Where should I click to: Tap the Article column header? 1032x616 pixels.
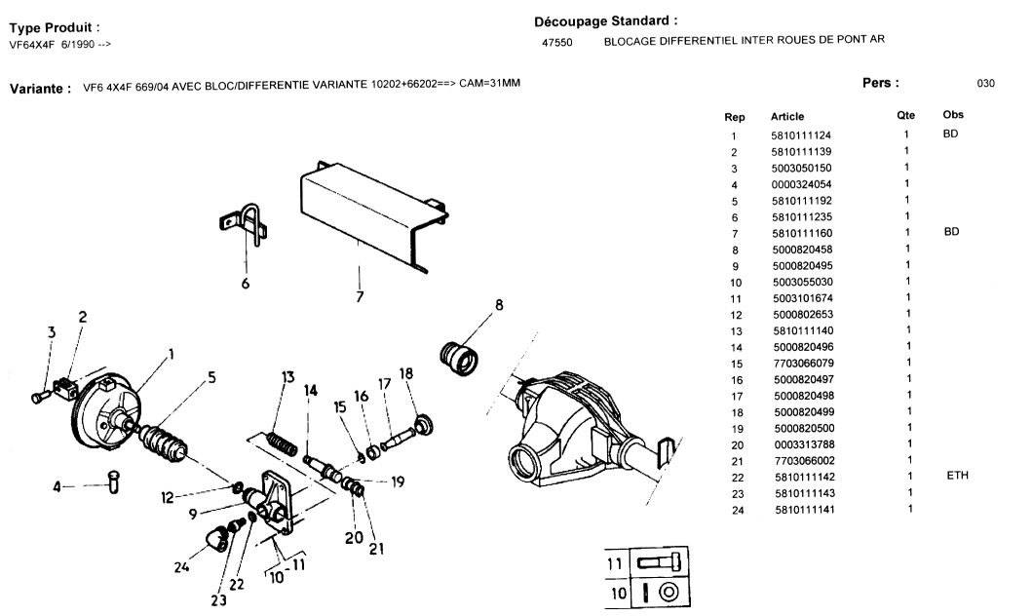[x=787, y=116]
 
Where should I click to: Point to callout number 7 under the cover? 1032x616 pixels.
[x=360, y=296]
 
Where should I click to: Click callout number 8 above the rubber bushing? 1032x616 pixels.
[x=499, y=305]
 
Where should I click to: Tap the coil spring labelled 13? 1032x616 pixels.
[x=281, y=440]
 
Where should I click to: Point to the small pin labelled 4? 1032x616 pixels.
[x=112, y=481]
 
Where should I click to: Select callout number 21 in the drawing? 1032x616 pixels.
[x=376, y=548]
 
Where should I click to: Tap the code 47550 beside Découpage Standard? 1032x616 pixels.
[x=556, y=42]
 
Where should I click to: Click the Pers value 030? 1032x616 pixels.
[x=985, y=84]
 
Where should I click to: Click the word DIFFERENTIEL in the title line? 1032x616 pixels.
[x=698, y=40]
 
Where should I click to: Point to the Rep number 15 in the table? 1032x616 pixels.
[x=736, y=363]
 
